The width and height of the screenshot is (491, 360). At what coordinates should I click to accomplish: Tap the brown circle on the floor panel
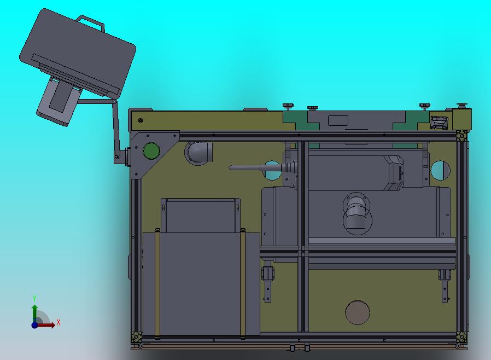click(358, 312)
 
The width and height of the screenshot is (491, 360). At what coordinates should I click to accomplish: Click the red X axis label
click(59, 322)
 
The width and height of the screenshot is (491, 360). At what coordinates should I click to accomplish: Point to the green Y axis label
click(34, 298)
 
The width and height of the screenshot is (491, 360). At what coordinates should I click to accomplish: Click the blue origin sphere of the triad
click(34, 325)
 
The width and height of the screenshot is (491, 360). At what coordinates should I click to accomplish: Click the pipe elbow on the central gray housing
click(356, 211)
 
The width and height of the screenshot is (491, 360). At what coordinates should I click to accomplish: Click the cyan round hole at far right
click(441, 171)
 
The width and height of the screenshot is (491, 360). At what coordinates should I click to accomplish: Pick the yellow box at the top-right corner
click(461, 119)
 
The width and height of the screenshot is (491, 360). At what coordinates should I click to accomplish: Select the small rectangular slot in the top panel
click(337, 121)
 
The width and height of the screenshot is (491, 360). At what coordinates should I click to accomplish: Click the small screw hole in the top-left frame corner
click(141, 120)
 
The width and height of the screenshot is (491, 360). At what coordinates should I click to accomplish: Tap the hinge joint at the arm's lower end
click(117, 157)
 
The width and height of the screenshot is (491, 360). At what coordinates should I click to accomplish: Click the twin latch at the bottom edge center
click(299, 347)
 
